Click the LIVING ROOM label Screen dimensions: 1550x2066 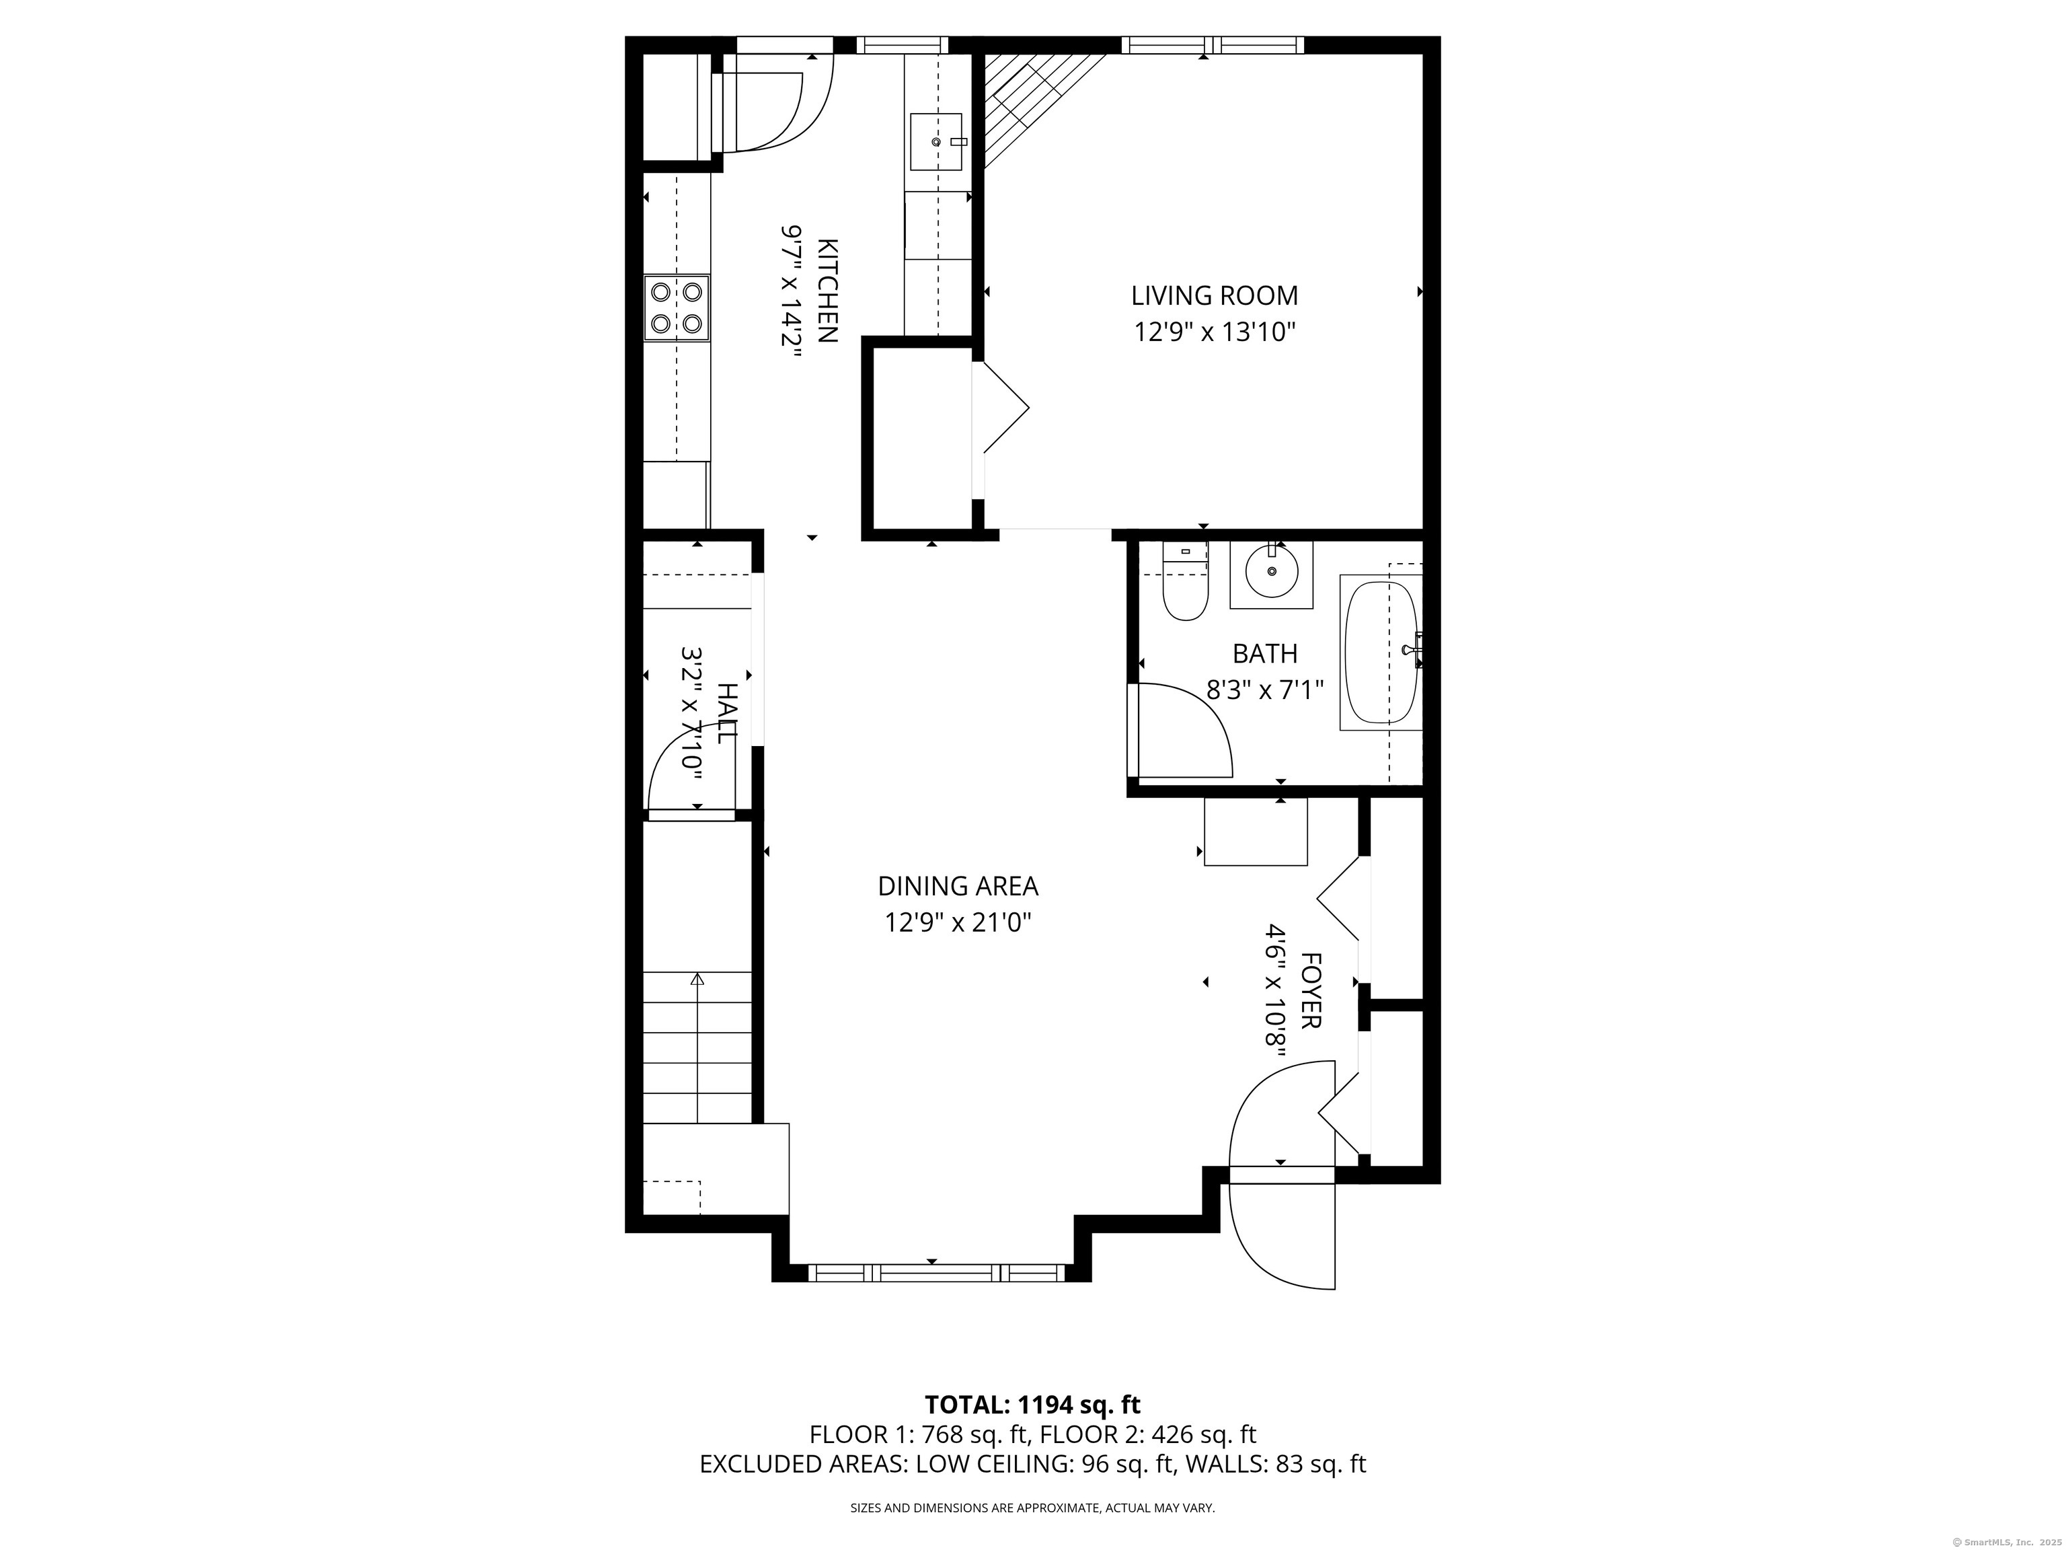[x=1214, y=296]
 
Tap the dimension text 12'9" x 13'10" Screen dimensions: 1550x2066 [x=1214, y=332]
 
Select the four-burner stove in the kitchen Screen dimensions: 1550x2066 [x=676, y=307]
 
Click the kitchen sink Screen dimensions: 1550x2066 [x=936, y=141]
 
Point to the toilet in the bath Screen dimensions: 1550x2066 [x=1184, y=594]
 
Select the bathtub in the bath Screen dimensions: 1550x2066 [x=1381, y=652]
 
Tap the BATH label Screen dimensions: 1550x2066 [x=1264, y=653]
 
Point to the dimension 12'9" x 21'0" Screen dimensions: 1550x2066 [x=958, y=923]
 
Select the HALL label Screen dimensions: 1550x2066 [x=726, y=713]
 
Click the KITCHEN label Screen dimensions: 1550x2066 [x=827, y=291]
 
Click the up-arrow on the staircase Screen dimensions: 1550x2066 [x=697, y=979]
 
